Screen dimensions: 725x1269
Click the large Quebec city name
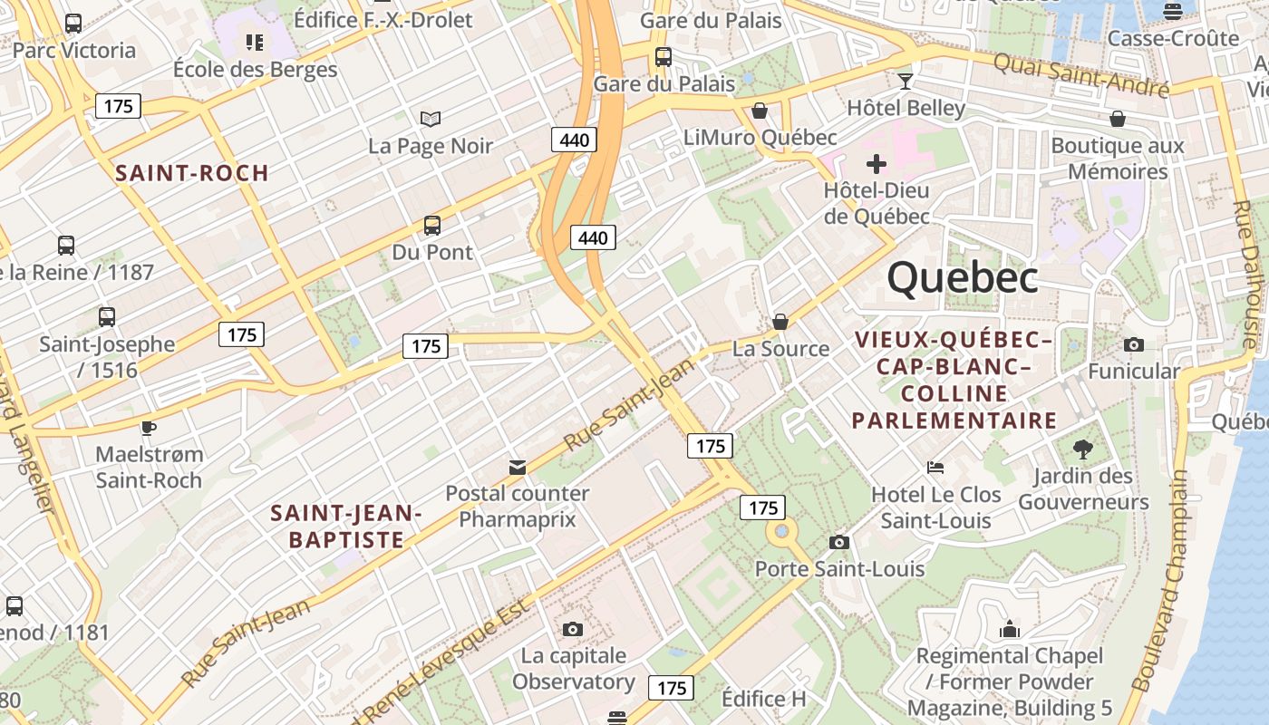[x=963, y=277]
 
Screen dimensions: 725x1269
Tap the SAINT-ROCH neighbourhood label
[x=192, y=173]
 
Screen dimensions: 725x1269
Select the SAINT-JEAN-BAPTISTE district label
[x=346, y=527]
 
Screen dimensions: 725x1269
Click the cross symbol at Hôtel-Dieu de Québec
[x=876, y=164]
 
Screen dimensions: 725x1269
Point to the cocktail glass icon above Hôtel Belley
[x=905, y=82]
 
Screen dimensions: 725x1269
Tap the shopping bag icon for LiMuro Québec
[x=760, y=111]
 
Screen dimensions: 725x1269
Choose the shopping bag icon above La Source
[x=780, y=322]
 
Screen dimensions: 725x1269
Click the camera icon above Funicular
[x=1133, y=344]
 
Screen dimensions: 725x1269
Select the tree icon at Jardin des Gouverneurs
[x=1082, y=448]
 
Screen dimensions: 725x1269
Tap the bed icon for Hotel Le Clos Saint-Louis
[x=935, y=468]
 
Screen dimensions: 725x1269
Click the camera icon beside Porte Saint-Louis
[x=839, y=542]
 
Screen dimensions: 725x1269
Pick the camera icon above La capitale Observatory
[x=572, y=629]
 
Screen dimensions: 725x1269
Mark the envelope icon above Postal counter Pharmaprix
[x=518, y=467]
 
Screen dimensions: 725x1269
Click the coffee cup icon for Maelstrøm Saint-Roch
[x=149, y=427]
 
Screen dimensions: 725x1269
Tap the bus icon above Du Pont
[x=432, y=225]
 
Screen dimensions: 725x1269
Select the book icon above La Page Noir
[x=431, y=119]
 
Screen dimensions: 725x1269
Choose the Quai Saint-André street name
[x=1080, y=75]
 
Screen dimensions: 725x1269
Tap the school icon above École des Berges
[x=255, y=42]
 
